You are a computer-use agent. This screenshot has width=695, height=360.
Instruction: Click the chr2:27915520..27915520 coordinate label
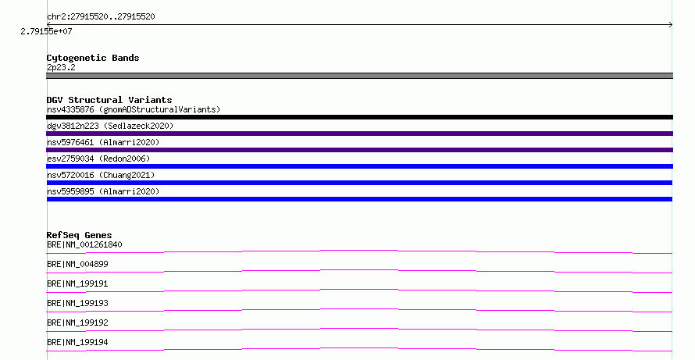click(x=101, y=17)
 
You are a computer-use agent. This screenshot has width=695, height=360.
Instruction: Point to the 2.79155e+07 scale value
click(x=46, y=31)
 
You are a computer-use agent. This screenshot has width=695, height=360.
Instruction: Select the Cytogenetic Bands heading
click(x=93, y=58)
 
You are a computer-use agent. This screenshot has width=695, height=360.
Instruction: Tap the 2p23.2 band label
click(x=61, y=67)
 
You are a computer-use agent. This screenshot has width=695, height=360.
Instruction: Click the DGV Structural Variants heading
click(x=109, y=100)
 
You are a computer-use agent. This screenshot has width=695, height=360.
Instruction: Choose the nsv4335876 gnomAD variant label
click(x=134, y=109)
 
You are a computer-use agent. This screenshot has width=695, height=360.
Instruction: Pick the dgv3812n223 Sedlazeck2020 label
click(x=110, y=126)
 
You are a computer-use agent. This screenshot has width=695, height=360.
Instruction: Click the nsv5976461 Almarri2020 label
click(x=103, y=142)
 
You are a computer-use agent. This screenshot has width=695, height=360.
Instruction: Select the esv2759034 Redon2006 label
click(x=98, y=159)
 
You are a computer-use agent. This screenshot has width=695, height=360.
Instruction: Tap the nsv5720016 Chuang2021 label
click(x=101, y=175)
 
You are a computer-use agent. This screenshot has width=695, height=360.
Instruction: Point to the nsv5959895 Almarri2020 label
click(x=103, y=191)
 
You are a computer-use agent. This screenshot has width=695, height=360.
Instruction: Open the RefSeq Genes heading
click(x=79, y=235)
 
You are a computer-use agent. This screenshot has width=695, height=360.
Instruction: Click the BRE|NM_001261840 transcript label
click(x=84, y=244)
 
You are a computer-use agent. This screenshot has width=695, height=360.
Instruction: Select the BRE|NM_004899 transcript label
click(x=77, y=264)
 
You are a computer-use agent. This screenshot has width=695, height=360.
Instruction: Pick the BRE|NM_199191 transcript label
click(x=77, y=283)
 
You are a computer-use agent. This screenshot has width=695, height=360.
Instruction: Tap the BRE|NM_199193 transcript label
click(x=77, y=303)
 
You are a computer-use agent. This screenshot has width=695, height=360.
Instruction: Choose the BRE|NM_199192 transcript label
click(x=77, y=323)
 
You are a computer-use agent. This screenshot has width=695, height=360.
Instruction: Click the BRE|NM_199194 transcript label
click(x=77, y=342)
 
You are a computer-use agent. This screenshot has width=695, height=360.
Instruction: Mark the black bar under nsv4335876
click(x=359, y=117)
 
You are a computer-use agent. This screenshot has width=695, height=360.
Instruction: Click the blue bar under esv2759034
click(x=359, y=166)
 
